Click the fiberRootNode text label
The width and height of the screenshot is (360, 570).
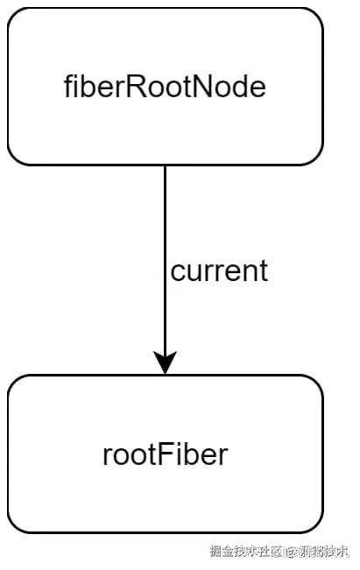click(x=165, y=86)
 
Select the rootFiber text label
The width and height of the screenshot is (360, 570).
click(x=165, y=454)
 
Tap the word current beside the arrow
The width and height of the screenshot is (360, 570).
click(x=219, y=271)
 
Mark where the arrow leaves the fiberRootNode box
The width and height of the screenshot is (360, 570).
click(x=165, y=165)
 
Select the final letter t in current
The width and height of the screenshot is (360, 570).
click(x=263, y=271)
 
